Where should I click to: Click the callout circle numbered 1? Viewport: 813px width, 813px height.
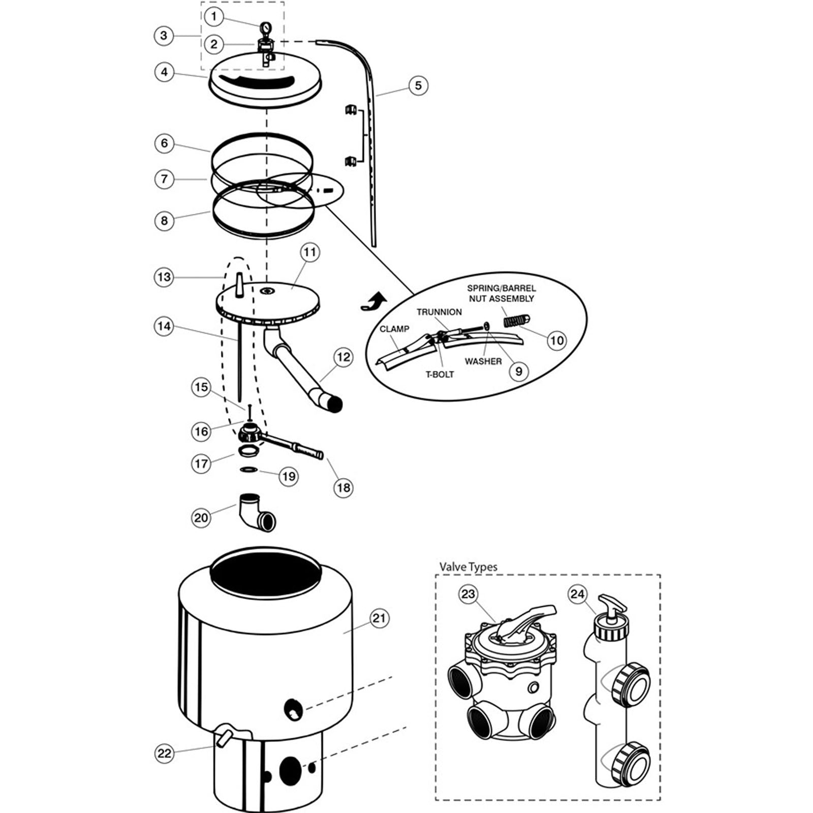coord(214,17)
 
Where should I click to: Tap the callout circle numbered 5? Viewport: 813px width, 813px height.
coord(418,85)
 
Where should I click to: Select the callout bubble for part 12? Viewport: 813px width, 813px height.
coord(343,357)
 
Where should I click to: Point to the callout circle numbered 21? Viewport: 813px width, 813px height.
coord(379,618)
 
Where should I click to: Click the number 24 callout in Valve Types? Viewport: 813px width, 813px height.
coord(577,594)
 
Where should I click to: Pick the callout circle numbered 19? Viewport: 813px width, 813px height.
coord(289,476)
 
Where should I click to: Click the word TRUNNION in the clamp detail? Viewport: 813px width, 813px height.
coord(439,312)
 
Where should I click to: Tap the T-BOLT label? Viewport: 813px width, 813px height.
coord(440,374)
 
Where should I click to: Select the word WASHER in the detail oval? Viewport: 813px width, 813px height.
coord(483,361)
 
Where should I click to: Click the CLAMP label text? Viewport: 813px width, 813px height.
coord(394,329)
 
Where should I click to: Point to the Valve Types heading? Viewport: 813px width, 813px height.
coord(468,567)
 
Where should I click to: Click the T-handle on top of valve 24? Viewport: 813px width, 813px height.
coord(612,605)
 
